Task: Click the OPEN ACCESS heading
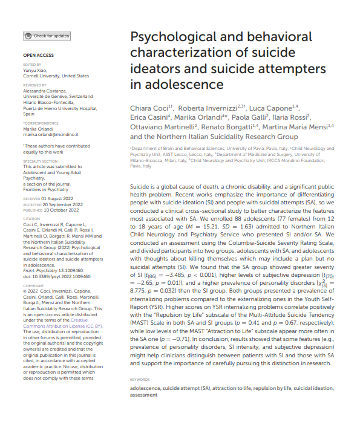click(x=38, y=55)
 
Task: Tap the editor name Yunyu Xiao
click(x=36, y=71)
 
